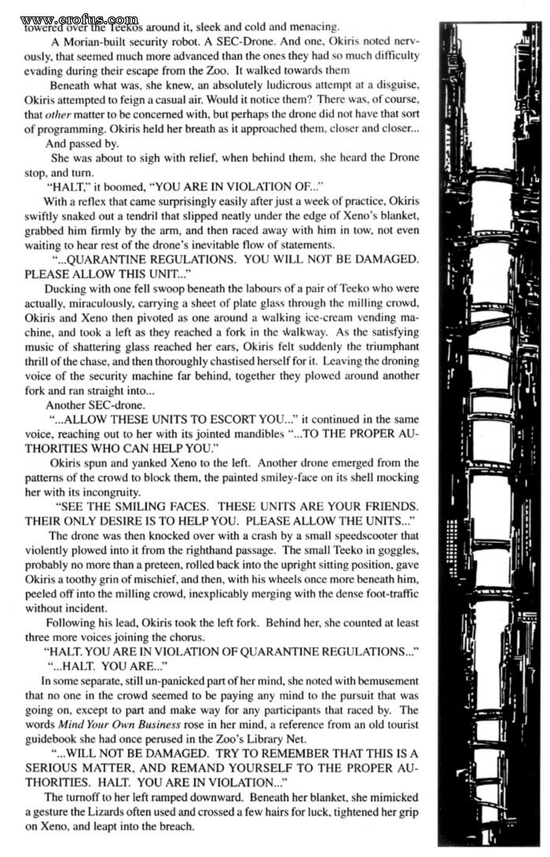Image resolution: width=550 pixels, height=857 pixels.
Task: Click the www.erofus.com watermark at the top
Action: [79, 17]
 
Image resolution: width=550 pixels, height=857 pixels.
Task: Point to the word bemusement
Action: [368, 679]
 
